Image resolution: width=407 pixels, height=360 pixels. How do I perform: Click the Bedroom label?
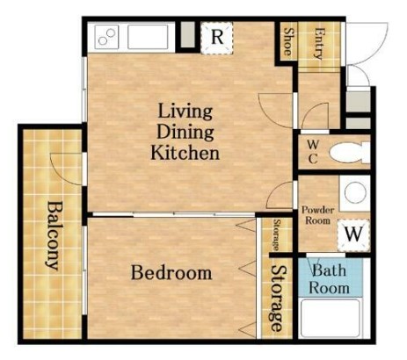(x=171, y=273)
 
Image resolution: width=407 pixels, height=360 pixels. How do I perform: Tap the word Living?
(x=185, y=112)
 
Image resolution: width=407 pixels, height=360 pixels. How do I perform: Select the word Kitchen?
(x=185, y=153)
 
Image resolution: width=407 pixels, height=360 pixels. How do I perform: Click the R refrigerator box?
(x=217, y=38)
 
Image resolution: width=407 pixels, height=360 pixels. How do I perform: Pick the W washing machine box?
(x=353, y=234)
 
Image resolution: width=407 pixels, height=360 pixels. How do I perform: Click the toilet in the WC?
(x=350, y=152)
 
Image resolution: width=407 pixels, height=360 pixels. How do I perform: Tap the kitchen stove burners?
(x=106, y=37)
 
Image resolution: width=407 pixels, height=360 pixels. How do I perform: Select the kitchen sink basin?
(x=148, y=37)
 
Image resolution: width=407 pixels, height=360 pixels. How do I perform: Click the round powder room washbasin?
(x=355, y=192)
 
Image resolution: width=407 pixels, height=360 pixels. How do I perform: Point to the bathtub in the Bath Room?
(x=331, y=318)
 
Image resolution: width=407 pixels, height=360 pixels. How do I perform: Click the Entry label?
(x=319, y=43)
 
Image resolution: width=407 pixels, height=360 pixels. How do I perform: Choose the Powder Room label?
(x=317, y=215)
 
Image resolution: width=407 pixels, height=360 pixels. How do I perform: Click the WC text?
(x=313, y=152)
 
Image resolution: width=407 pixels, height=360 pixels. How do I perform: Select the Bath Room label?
(x=329, y=279)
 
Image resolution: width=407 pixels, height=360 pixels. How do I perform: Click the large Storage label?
(x=277, y=299)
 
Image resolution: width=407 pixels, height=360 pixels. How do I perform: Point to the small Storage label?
(x=276, y=234)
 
